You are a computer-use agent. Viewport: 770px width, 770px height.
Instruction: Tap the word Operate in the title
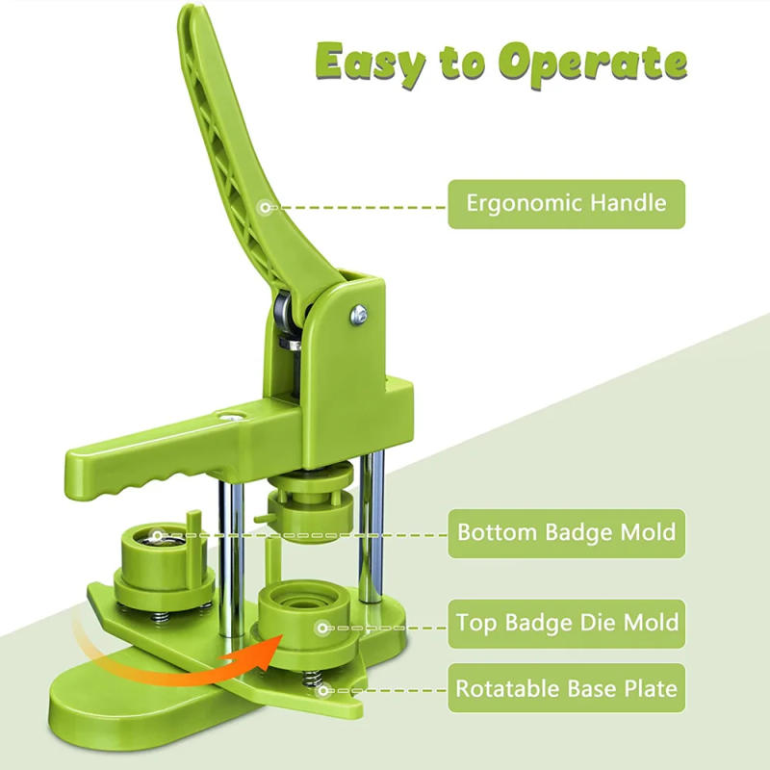595,64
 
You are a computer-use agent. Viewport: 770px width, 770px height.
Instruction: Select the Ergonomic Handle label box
566,204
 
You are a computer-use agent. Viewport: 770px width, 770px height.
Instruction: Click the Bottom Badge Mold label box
566,532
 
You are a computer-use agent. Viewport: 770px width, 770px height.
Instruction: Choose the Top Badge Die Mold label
566,623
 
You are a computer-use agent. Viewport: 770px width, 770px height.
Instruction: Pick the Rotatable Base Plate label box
566,688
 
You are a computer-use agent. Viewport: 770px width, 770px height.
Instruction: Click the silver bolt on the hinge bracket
358,312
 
